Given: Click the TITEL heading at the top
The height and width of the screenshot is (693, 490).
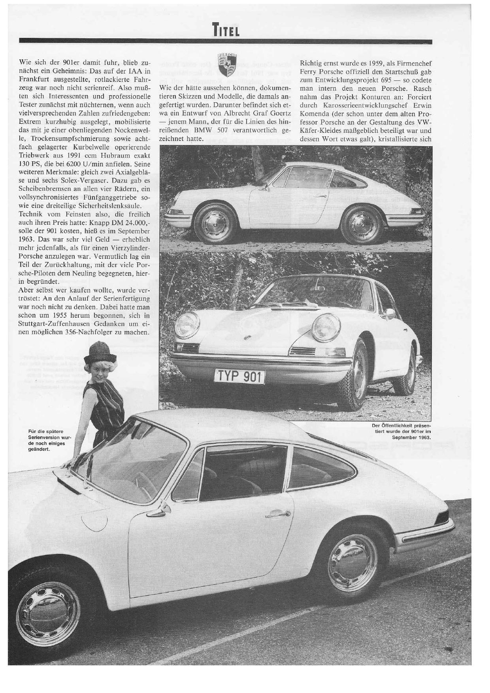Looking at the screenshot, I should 226,30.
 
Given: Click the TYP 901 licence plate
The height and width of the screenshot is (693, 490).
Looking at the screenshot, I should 239,377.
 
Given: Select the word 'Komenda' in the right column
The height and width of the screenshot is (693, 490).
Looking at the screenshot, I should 314,114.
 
